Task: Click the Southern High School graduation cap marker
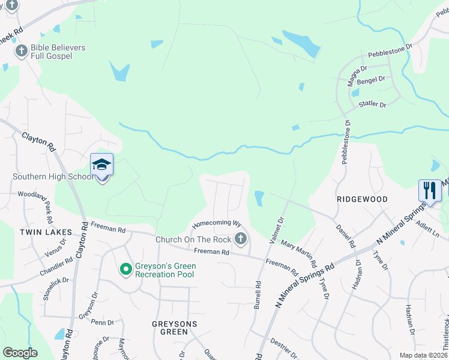coord(101,165)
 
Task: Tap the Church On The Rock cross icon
coord(240,239)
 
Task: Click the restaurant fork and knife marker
coord(429,191)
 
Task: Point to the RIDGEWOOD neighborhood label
coord(362,199)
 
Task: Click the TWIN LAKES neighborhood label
coord(46,232)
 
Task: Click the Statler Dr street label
coord(372,104)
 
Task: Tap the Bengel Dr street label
coord(372,79)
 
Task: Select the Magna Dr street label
coord(357,77)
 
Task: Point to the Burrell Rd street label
coord(258,296)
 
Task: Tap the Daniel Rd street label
coord(346,237)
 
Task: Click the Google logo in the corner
coord(20,353)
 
